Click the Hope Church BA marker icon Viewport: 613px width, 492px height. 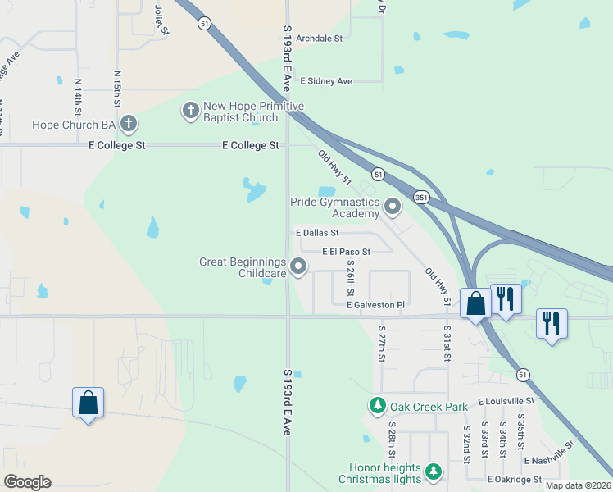(128, 124)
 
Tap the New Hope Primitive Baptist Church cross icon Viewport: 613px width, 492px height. (191, 111)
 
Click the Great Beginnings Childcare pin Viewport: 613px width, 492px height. (299, 266)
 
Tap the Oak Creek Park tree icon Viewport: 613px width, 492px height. (377, 405)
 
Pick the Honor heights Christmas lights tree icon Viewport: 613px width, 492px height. (433, 471)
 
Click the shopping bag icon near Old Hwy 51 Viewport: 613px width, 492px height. (475, 304)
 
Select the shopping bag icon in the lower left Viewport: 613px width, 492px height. (88, 403)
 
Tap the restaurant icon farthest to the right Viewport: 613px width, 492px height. (552, 322)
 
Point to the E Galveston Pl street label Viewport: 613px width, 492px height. (375, 305)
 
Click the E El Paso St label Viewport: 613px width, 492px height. (346, 251)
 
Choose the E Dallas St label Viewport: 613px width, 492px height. (317, 233)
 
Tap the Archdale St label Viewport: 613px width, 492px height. (320, 39)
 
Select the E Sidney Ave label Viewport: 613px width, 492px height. (326, 81)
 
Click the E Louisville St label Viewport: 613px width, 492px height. (505, 401)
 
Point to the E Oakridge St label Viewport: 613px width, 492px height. (514, 479)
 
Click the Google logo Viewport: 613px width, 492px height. (27, 482)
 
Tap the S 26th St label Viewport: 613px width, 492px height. (350, 279)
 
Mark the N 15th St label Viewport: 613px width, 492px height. (117, 86)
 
